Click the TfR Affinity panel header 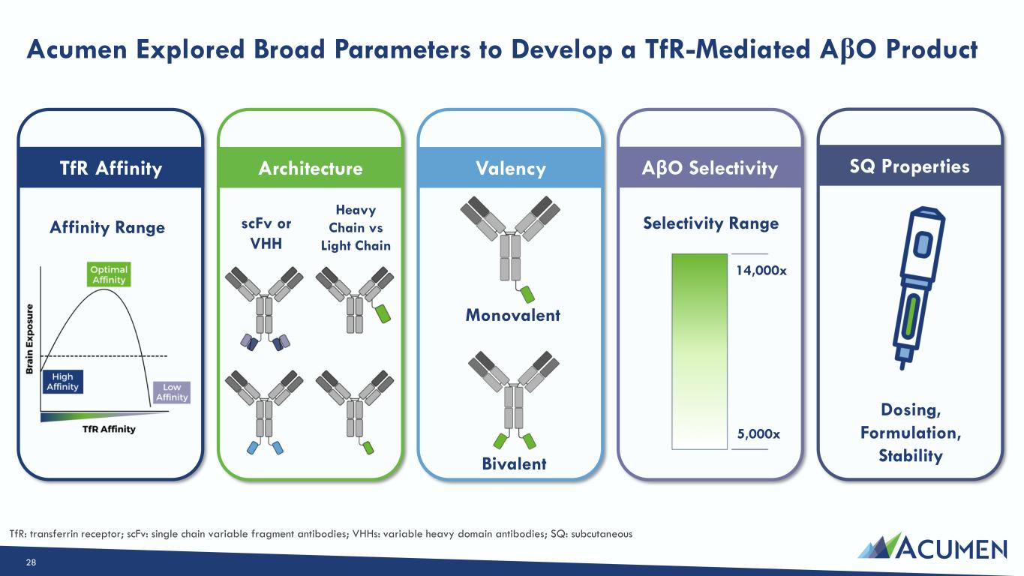click(x=110, y=167)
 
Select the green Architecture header click(x=311, y=167)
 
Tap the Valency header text click(x=511, y=168)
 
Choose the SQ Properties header click(x=910, y=166)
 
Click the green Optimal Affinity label click(x=109, y=274)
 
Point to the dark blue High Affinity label click(x=62, y=382)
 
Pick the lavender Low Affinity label click(x=172, y=392)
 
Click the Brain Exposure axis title click(x=30, y=339)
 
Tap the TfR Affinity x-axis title click(x=109, y=429)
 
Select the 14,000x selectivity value click(x=761, y=271)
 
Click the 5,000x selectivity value click(x=758, y=433)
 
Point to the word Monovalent click(x=512, y=315)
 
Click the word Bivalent click(x=514, y=463)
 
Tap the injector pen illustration click(x=918, y=287)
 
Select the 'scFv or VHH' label click(x=266, y=233)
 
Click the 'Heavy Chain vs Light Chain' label click(x=356, y=228)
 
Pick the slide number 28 click(x=31, y=562)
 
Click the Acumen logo click(x=932, y=547)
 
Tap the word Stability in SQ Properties click(x=911, y=455)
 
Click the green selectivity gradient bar click(x=699, y=351)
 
